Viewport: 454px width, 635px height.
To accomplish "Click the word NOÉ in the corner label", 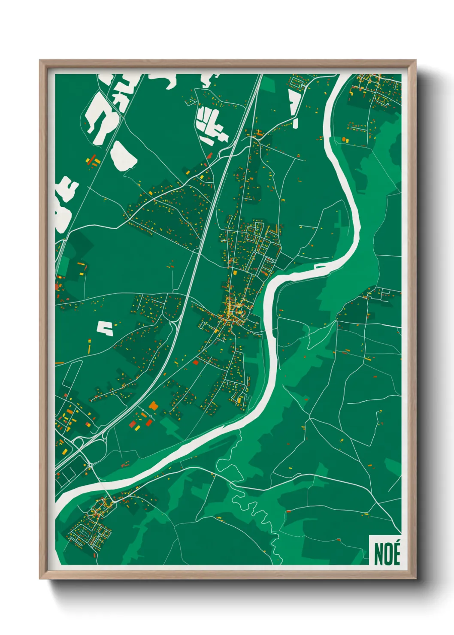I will [387, 554].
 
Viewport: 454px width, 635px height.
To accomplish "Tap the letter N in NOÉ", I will [379, 554].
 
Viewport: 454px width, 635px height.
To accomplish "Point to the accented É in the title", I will [396, 553].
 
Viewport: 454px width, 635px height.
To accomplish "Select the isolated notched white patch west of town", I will [105, 328].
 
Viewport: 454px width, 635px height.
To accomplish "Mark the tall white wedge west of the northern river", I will [294, 103].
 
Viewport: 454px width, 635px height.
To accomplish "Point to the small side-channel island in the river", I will [321, 267].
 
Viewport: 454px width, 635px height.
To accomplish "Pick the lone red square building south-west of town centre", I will [196, 363].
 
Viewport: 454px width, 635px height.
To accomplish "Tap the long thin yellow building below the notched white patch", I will [90, 346].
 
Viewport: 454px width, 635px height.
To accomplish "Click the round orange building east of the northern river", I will [344, 139].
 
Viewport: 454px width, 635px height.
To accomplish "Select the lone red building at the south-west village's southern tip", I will [95, 556].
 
